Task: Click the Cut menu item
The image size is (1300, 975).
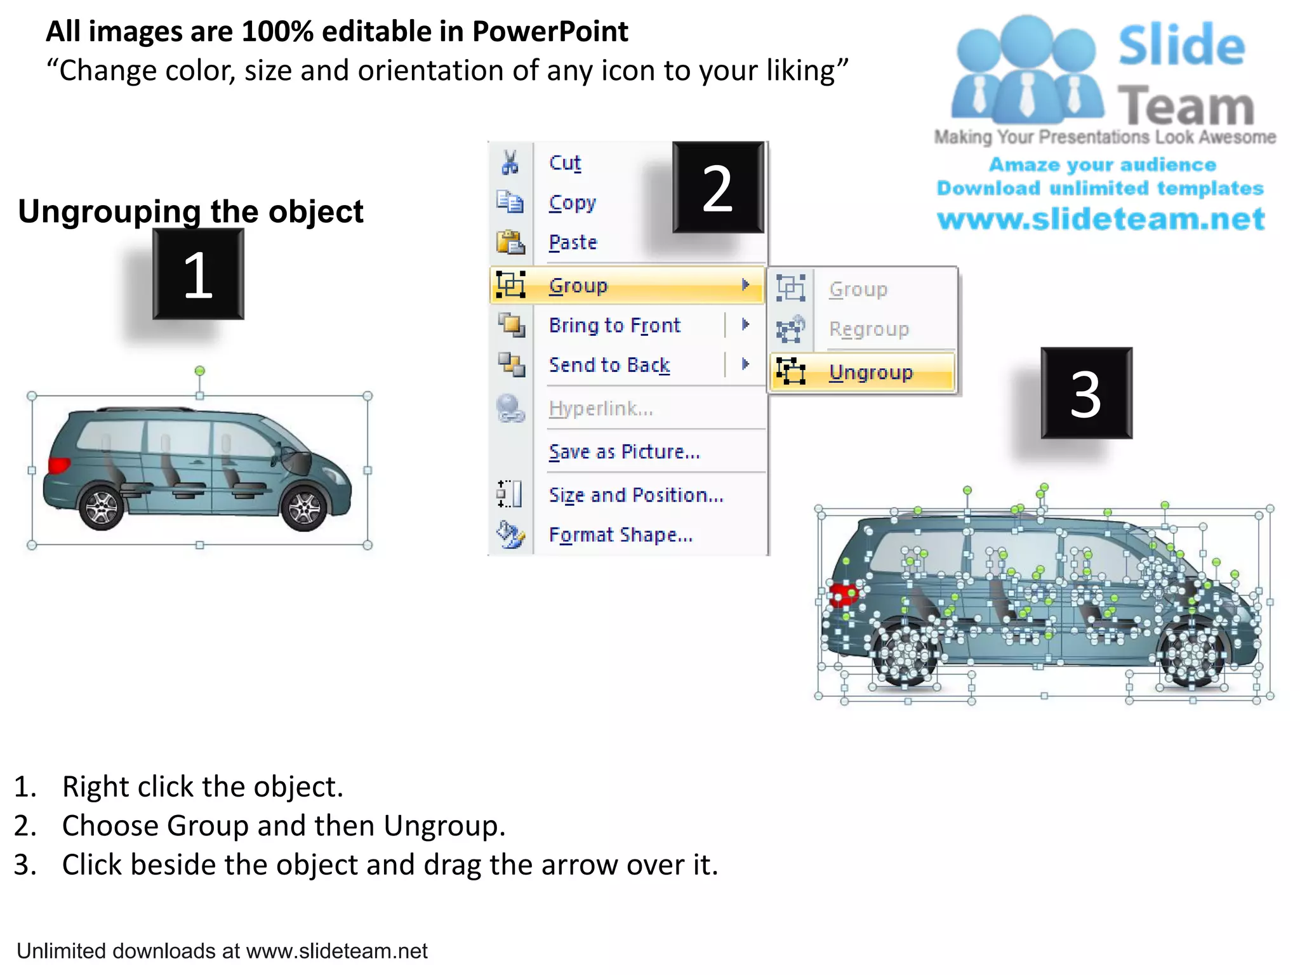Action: tap(564, 163)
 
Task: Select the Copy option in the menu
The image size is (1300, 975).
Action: tap(572, 203)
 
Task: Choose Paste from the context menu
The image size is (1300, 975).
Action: tap(573, 242)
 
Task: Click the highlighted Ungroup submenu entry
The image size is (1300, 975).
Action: tap(870, 372)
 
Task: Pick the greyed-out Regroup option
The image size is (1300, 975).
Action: tap(868, 329)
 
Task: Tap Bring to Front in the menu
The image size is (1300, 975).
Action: tap(614, 326)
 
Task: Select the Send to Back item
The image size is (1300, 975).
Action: tap(609, 365)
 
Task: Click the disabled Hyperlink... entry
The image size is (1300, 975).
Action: tap(600, 409)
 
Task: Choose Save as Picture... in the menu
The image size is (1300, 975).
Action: tap(624, 452)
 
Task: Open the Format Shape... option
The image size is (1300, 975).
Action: tap(620, 535)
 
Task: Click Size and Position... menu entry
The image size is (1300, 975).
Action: tap(635, 495)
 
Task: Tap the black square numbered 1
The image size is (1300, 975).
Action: tap(198, 274)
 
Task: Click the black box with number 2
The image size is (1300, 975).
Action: tap(718, 187)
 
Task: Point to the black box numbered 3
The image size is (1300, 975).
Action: tap(1086, 394)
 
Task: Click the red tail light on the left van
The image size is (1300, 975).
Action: tap(58, 465)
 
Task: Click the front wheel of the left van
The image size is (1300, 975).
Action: tap(304, 508)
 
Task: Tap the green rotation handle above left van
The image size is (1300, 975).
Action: tap(200, 371)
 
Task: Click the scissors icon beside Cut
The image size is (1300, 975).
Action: tap(510, 162)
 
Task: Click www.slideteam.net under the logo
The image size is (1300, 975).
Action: tap(1101, 219)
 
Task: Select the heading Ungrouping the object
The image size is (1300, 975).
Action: tap(190, 211)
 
